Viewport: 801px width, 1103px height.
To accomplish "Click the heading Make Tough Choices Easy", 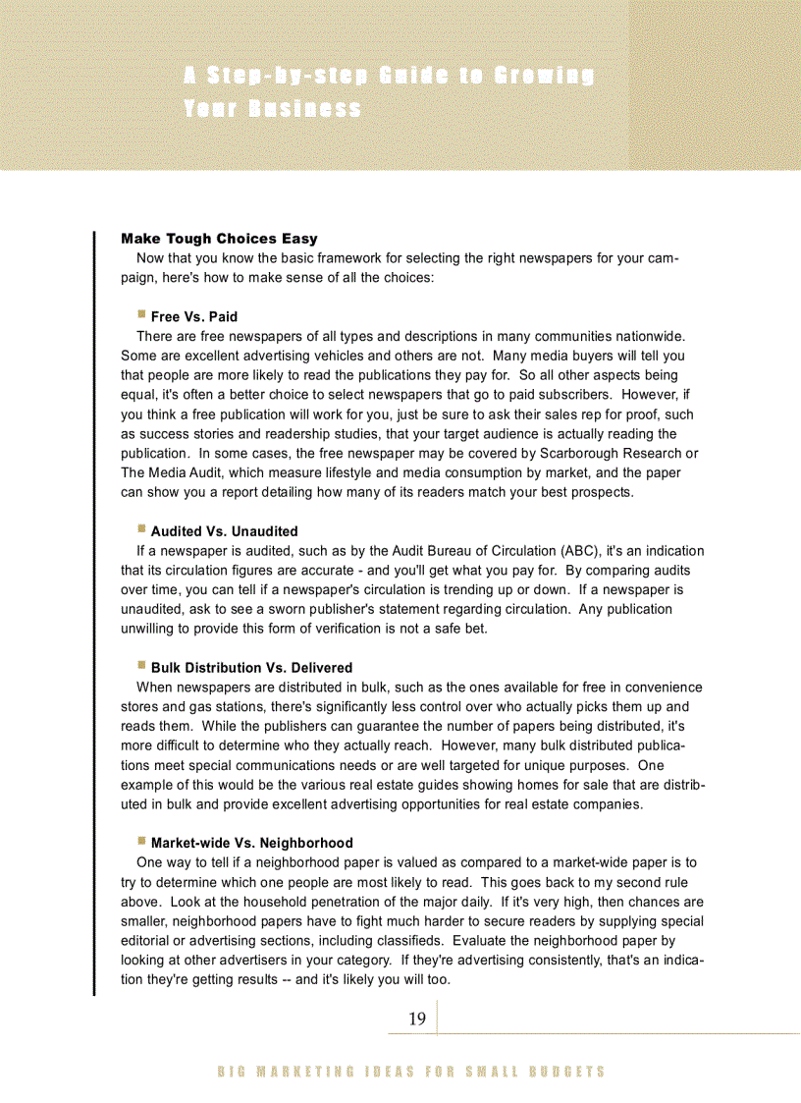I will (x=219, y=239).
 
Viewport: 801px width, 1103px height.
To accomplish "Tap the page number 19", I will (x=417, y=1019).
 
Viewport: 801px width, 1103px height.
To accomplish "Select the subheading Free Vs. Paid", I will (x=194, y=316).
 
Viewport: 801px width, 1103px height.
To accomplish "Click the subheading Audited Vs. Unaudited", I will (x=224, y=531).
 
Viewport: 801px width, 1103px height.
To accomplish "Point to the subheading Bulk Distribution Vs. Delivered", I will (x=251, y=668).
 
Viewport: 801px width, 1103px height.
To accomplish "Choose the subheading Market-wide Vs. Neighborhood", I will (x=251, y=843).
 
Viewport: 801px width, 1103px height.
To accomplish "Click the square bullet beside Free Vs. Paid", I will (x=141, y=315).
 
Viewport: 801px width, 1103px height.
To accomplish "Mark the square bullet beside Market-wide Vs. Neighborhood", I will (x=141, y=842).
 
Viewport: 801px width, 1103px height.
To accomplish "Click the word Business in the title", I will (x=304, y=108).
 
